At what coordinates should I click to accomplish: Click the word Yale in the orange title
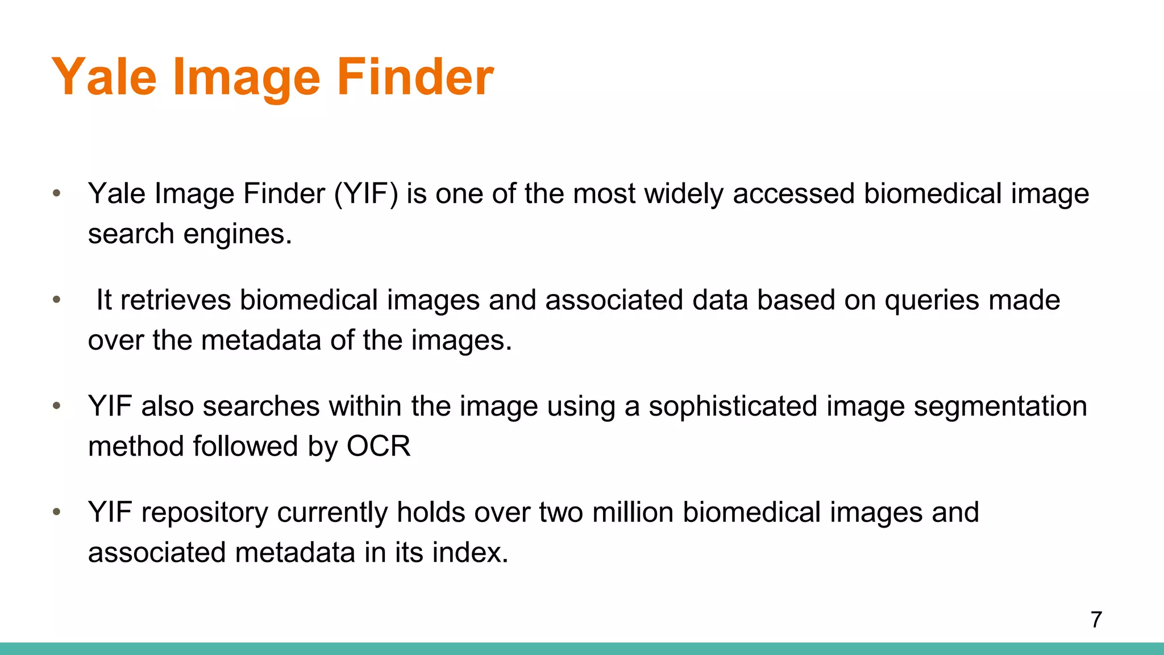point(104,77)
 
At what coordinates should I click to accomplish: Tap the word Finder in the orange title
point(415,77)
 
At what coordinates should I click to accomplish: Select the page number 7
point(1096,619)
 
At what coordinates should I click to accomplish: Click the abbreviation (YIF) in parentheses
point(366,194)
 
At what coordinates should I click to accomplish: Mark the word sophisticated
point(733,407)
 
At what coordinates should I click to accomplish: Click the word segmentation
point(1000,407)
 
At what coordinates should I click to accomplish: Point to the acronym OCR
point(379,446)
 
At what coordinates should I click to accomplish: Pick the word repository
point(205,513)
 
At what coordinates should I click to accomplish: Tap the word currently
point(332,513)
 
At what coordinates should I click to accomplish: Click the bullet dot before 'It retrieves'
point(56,300)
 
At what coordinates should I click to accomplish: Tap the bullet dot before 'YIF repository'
point(56,512)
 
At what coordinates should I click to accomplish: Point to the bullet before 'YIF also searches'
point(56,406)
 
